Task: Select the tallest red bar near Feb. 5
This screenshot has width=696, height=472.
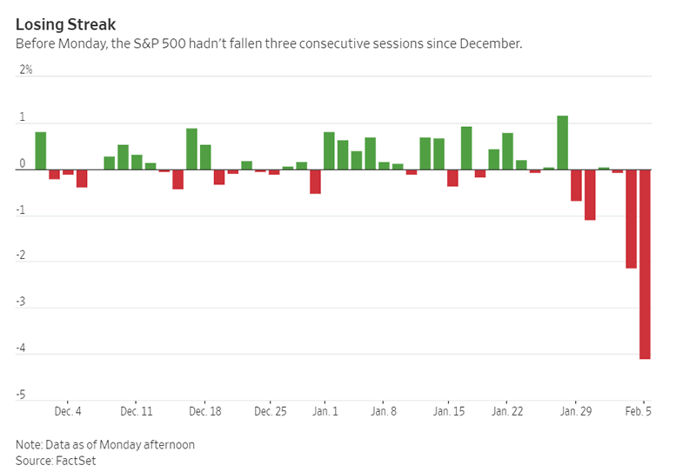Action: [x=645, y=264]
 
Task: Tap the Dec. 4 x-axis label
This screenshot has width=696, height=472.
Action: [x=68, y=411]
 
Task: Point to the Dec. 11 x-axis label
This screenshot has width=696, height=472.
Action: [x=137, y=411]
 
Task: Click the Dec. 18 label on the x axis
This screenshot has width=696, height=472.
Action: [x=204, y=411]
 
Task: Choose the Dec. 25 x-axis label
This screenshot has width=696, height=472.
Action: [x=271, y=411]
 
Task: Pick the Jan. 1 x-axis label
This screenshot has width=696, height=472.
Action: [x=325, y=411]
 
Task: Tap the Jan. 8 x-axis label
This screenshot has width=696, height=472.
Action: [x=384, y=411]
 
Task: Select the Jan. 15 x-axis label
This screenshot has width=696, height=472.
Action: [x=448, y=411]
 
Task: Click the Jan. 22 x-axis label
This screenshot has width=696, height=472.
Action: [x=507, y=411]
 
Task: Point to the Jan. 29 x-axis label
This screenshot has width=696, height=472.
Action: [x=574, y=411]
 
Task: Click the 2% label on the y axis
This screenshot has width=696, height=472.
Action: [x=26, y=70]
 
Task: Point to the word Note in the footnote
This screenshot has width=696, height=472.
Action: [x=29, y=444]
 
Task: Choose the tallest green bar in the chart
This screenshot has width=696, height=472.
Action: [x=562, y=143]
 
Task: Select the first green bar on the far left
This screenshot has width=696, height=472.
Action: [x=40, y=150]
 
